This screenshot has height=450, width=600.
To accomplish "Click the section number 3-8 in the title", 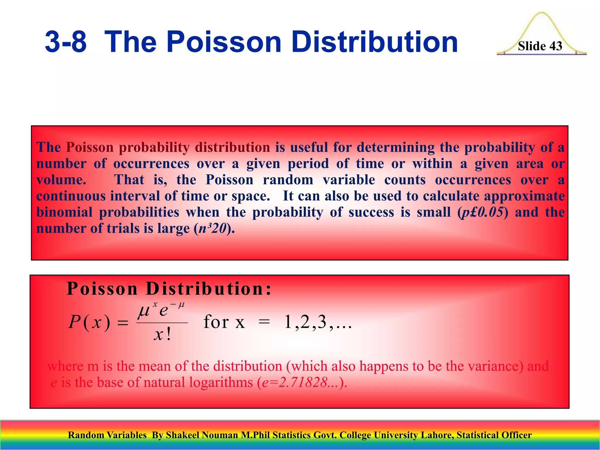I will coord(66,42).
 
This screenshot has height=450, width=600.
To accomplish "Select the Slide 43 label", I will coord(540,46).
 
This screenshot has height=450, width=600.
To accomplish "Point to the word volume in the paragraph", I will coord(61,180).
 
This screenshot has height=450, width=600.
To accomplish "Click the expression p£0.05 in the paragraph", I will coord(482,212).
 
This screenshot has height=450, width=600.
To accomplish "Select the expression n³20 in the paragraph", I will coord(212,229).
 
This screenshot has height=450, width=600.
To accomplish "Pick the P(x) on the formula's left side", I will coord(89,322).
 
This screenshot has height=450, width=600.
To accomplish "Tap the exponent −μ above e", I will coord(178,305).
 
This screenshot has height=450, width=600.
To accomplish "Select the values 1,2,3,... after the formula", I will coord(318,322).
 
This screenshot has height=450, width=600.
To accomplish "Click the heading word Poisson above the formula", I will coord(102,289).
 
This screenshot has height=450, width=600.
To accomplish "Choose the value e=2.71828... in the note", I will coord(302,383).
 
